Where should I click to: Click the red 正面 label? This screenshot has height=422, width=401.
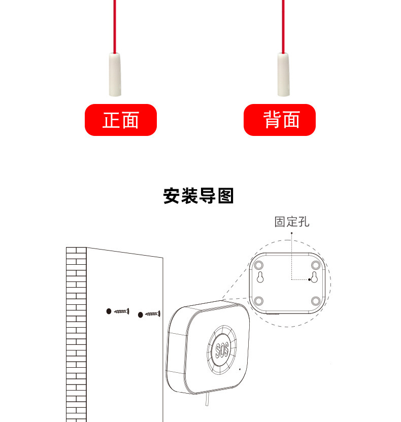121,120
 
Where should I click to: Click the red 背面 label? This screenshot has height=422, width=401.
280,120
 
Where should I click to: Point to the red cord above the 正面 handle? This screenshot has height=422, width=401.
115,25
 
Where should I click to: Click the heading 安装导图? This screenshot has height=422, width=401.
198,196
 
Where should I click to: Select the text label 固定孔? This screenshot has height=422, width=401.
292,222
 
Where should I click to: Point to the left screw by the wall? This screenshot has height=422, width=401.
122,311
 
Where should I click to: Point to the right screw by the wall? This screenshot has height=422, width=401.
153,314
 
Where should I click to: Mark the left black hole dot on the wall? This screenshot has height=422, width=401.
109,310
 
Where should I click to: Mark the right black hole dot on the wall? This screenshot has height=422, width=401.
140,315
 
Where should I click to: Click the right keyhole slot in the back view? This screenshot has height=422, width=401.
314,277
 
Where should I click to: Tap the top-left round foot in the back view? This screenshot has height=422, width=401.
259,265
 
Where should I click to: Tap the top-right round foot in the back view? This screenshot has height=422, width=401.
316,265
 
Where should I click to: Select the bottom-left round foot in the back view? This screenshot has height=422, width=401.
259,301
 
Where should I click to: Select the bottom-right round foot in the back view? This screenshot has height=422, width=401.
316,301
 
